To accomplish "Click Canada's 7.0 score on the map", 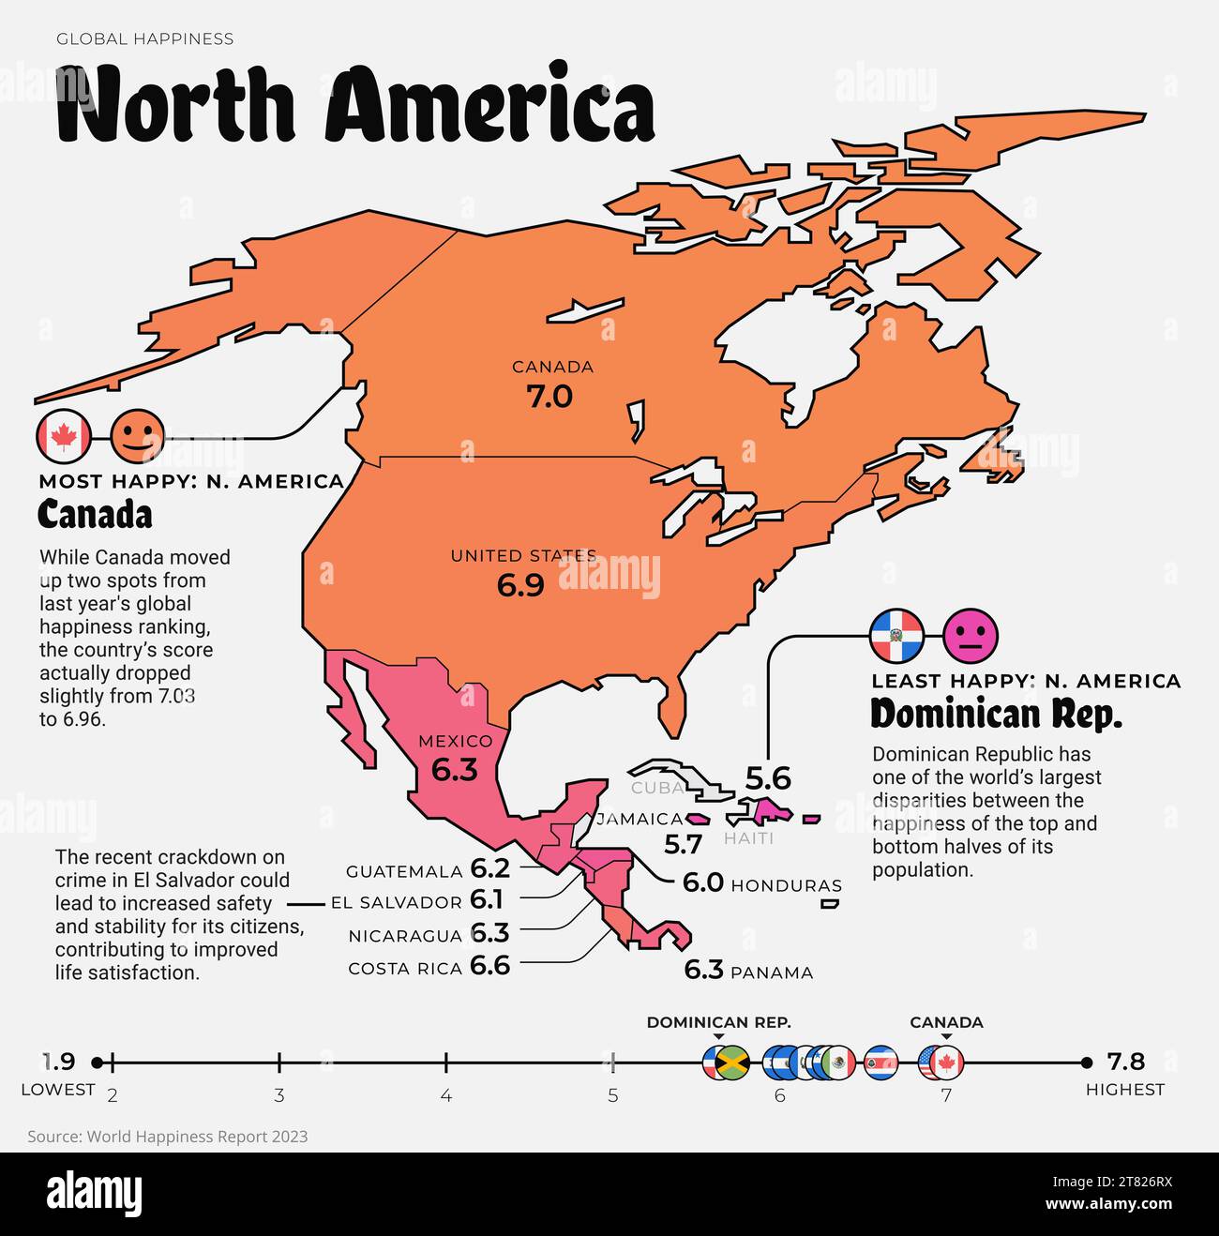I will [x=549, y=397].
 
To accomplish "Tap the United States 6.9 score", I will [x=520, y=585].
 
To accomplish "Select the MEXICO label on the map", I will [x=455, y=741].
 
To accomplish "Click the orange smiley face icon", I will [x=138, y=436].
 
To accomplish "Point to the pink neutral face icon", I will [x=971, y=636].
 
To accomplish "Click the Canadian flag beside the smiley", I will [x=63, y=436].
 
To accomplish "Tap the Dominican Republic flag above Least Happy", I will [x=896, y=636].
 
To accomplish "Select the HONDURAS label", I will [x=786, y=885].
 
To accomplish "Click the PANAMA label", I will [x=772, y=972].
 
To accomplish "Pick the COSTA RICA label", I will [x=405, y=969].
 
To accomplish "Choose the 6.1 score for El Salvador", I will [x=487, y=900].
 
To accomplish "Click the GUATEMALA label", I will [x=404, y=871].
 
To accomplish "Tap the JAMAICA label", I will [x=640, y=819].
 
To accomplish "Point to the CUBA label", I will [x=657, y=788].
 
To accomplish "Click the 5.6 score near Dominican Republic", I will [x=768, y=778].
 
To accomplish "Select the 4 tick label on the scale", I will [x=446, y=1095].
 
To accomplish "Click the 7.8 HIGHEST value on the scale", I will [x=1125, y=1062].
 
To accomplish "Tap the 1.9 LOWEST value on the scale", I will [x=59, y=1062].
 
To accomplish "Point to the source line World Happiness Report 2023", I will [x=168, y=1137].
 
